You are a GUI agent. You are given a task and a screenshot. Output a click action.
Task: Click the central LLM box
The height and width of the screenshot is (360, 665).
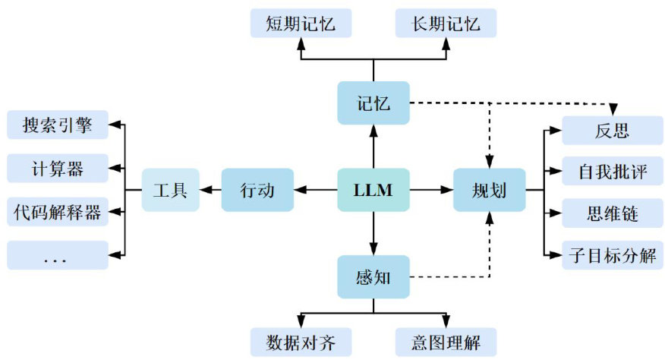(373, 190)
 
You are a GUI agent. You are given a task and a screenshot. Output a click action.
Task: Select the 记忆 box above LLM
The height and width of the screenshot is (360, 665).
(373, 103)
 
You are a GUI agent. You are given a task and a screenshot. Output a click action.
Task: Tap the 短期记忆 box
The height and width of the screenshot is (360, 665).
(301, 24)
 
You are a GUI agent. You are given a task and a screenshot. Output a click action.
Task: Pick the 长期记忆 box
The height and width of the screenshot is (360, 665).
(446, 24)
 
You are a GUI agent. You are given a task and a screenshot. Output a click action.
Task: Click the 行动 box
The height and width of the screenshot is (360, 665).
(257, 190)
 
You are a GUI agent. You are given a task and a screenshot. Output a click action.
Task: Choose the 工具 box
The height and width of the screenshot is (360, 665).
(171, 190)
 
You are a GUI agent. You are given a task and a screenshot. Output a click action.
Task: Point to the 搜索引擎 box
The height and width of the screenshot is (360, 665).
(58, 125)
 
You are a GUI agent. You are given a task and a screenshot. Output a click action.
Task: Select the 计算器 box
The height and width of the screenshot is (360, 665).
(58, 168)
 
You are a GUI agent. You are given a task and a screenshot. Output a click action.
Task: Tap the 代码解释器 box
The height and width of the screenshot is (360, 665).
(58, 212)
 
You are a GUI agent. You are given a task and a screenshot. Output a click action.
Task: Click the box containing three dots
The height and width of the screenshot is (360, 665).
(58, 255)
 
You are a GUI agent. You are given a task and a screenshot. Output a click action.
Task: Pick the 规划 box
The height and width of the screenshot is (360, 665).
(490, 190)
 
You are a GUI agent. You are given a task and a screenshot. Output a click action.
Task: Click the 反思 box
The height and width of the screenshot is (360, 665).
(613, 131)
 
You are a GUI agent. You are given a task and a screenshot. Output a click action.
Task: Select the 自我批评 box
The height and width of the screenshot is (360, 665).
(613, 171)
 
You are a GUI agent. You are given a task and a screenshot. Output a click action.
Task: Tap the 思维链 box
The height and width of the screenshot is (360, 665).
(613, 213)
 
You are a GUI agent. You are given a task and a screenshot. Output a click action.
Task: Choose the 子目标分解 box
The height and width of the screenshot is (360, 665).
(613, 255)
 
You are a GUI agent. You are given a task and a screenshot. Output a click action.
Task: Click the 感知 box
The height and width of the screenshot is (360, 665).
(373, 276)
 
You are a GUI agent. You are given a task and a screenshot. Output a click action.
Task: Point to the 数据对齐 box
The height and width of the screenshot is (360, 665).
(301, 343)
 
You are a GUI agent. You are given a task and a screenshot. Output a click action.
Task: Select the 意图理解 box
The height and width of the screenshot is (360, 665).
(446, 343)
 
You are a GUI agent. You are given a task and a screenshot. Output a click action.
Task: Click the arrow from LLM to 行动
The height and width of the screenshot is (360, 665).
(316, 190)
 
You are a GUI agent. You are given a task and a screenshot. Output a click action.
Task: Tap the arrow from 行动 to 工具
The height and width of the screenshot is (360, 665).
(210, 190)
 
